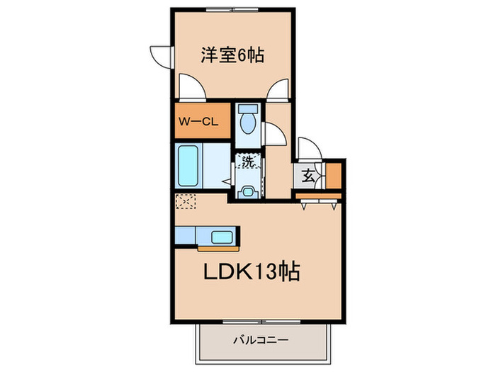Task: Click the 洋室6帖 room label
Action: click(x=232, y=55)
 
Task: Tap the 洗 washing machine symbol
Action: click(x=248, y=162)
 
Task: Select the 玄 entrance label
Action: click(x=309, y=177)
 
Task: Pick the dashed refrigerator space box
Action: click(x=185, y=202)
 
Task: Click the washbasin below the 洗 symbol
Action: click(x=247, y=191)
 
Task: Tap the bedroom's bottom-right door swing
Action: click(x=278, y=90)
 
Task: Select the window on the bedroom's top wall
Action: click(x=232, y=9)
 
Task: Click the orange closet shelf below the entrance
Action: click(x=320, y=195)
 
